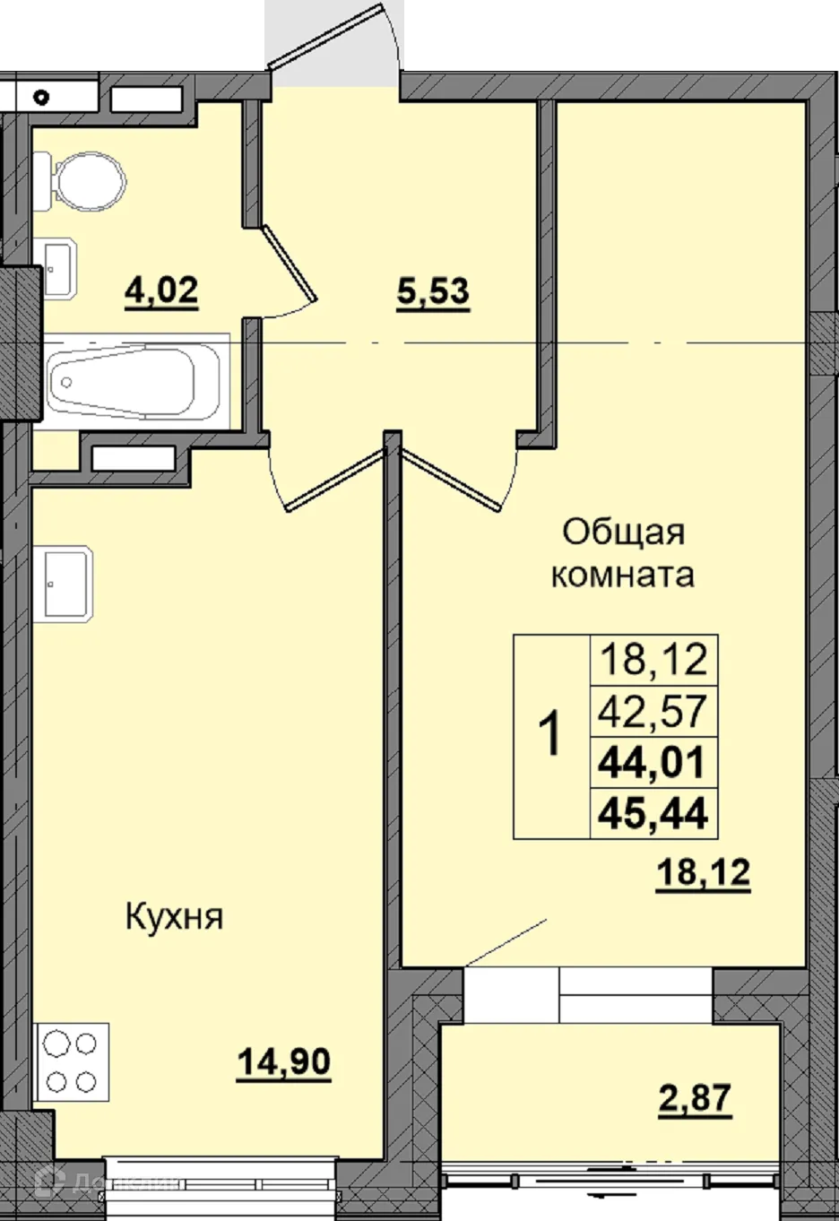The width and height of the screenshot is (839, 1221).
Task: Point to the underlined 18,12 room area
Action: coord(703,870)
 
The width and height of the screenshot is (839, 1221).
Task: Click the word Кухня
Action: coord(174,916)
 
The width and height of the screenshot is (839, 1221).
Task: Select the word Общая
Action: coord(623,532)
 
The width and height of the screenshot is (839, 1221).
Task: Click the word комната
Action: coord(622,574)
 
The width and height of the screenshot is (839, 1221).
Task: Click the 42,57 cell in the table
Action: coord(653,712)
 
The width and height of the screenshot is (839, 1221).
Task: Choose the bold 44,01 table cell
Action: coord(653,763)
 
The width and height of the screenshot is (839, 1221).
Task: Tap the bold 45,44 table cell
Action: coord(653,813)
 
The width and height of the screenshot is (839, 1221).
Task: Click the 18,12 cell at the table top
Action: coord(653,660)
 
